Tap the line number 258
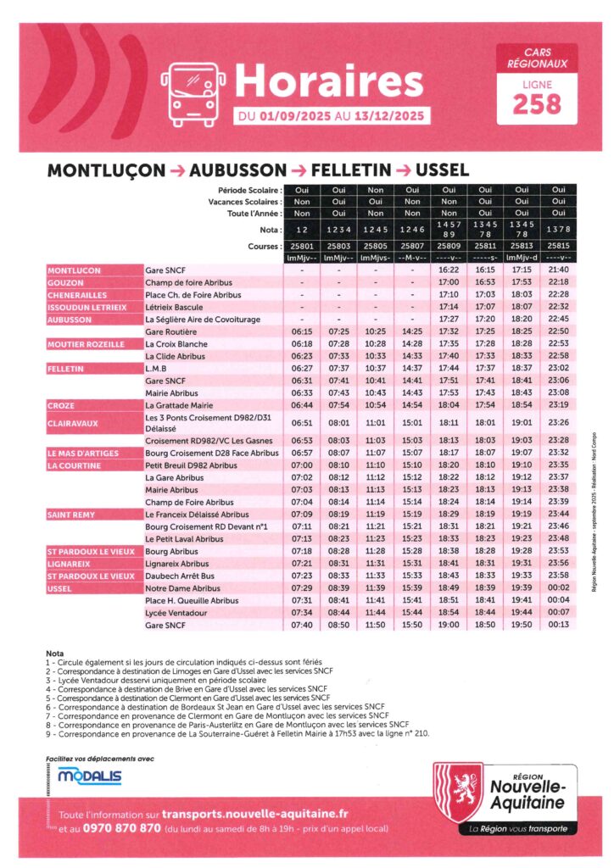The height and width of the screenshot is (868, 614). point(537,103)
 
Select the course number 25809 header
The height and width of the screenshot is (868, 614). point(449,245)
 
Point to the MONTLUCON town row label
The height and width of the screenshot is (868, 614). point(75,270)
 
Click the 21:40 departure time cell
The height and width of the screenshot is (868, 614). point(558,270)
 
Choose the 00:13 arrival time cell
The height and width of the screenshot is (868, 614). point(558,625)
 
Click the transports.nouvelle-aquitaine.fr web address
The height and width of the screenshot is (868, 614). point(255,813)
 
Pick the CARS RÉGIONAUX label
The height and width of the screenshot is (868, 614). point(537,58)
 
